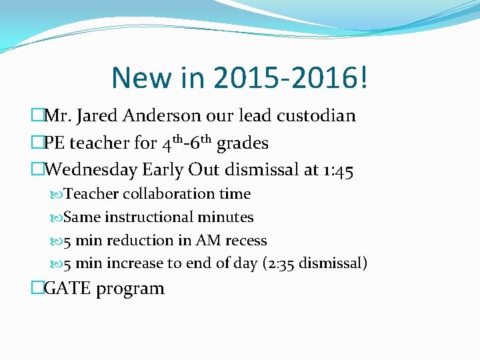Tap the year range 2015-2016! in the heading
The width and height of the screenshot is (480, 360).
pyautogui.click(x=291, y=78)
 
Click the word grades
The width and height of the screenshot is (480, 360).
pyautogui.click(x=243, y=143)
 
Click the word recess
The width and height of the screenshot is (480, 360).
pyautogui.click(x=247, y=241)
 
